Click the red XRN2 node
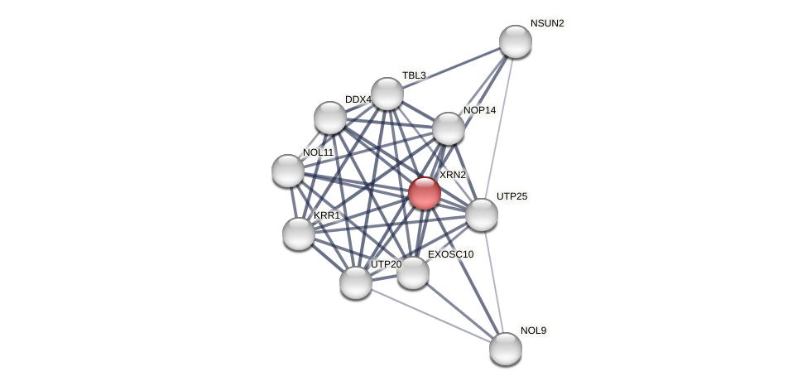click(x=425, y=193)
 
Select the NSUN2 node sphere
click(x=515, y=41)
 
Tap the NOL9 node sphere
click(x=505, y=348)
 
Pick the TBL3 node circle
click(x=387, y=94)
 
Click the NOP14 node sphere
click(x=448, y=128)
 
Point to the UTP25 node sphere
click(x=481, y=215)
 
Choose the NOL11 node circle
click(x=288, y=171)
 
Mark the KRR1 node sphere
click(x=298, y=234)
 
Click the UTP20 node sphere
click(x=356, y=282)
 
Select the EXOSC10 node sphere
click(x=412, y=273)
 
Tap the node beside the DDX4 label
click(x=330, y=118)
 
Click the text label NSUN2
click(x=546, y=23)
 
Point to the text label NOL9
click(x=533, y=331)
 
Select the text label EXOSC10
click(x=450, y=254)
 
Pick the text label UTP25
click(x=512, y=196)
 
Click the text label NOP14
click(x=479, y=110)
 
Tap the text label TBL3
click(x=413, y=75)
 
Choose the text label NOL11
click(x=318, y=152)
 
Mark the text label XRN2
click(x=452, y=175)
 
